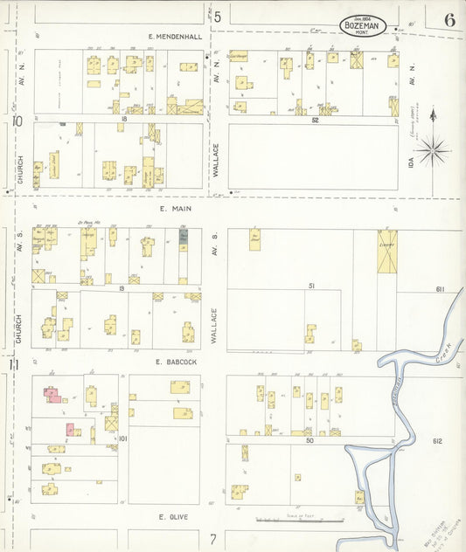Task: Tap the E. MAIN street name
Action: click(175, 210)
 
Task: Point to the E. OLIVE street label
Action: click(175, 517)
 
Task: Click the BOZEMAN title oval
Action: click(360, 27)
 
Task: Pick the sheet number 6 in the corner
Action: click(449, 20)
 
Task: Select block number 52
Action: click(315, 120)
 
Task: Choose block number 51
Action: click(310, 286)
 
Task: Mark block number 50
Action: click(310, 440)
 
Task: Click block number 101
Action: click(123, 438)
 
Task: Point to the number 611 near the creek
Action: click(440, 289)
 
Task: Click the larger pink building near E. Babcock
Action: click(52, 394)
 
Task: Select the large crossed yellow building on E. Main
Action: click(386, 252)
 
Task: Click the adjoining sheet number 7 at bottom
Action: click(212, 540)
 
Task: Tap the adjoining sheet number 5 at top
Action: click(217, 16)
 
